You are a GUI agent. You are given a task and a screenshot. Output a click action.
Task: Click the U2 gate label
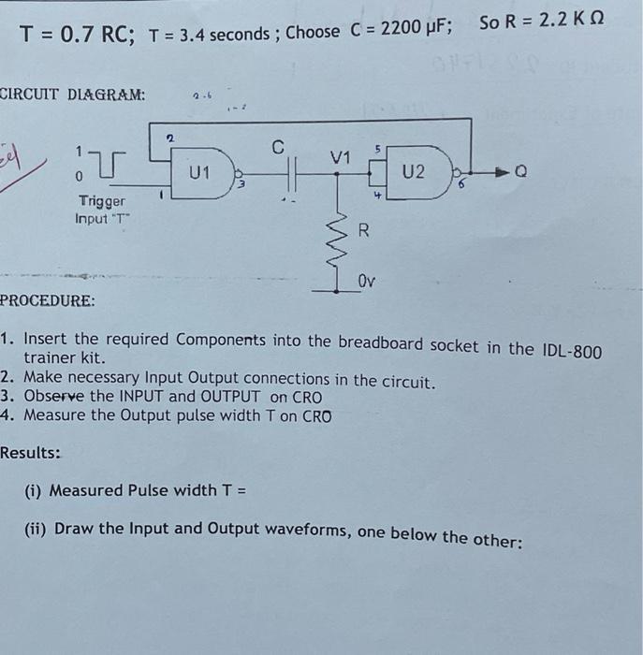pos(413,173)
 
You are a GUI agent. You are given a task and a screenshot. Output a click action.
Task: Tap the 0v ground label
pos(368,280)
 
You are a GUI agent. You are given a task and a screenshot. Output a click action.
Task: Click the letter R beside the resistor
pos(366,231)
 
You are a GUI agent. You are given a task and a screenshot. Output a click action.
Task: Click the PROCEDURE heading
pos(48,301)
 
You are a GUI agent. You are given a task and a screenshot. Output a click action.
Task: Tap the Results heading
pos(31,453)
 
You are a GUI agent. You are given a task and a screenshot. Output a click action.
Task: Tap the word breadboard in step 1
pos(380,343)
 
